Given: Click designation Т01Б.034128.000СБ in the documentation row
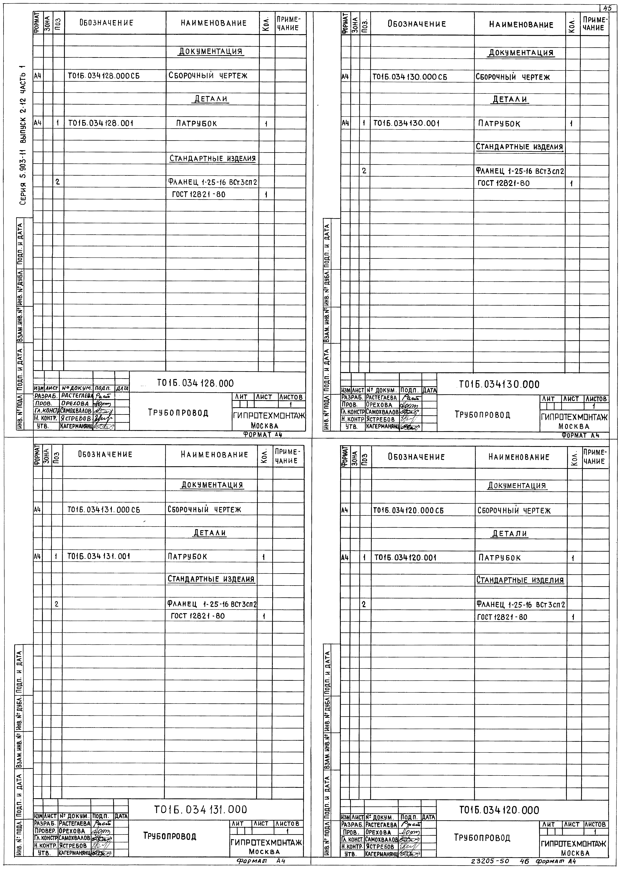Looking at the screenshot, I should point(104,76).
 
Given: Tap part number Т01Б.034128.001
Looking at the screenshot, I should point(101,123).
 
